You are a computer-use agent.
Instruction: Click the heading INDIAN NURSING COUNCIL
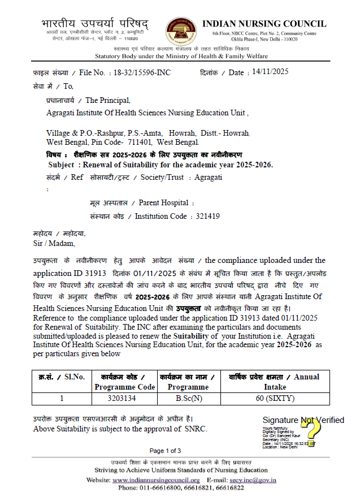pos(263,24)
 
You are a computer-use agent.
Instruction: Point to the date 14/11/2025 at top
pos(270,72)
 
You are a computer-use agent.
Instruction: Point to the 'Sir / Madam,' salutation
pos(54,244)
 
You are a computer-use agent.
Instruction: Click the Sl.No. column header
pos(62,377)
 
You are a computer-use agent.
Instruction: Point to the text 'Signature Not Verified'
pos(303,420)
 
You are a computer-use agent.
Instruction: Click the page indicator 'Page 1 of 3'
pos(165,451)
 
